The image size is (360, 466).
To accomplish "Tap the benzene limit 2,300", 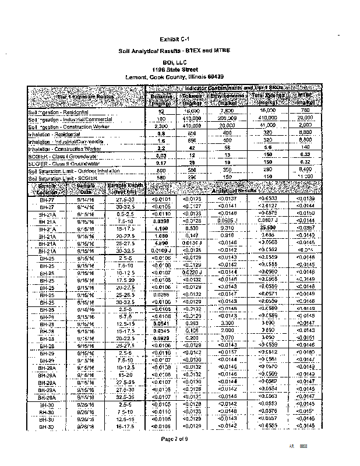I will click(x=155, y=126).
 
